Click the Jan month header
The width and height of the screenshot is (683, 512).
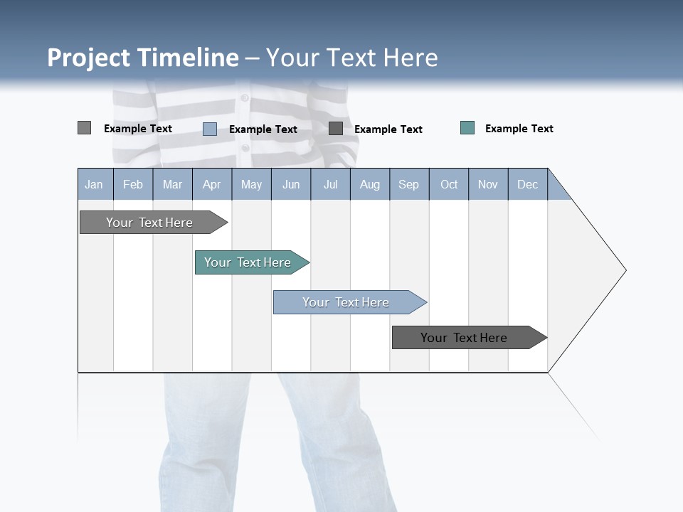point(95,184)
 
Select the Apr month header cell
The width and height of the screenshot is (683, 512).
point(212,184)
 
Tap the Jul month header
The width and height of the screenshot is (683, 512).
point(330,184)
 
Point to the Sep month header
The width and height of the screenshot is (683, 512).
point(409,184)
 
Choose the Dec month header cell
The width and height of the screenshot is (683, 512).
point(527,184)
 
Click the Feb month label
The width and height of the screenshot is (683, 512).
point(133,184)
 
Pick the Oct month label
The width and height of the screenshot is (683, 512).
point(449,184)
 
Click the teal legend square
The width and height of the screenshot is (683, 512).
point(467,128)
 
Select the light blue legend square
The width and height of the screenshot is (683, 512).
point(210,129)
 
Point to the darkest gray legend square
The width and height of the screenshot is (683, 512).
point(336,128)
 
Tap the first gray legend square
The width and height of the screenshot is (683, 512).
point(84,128)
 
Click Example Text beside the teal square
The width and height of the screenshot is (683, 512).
point(519,129)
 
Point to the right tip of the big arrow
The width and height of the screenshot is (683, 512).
point(624,270)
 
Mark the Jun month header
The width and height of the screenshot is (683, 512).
point(291,184)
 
